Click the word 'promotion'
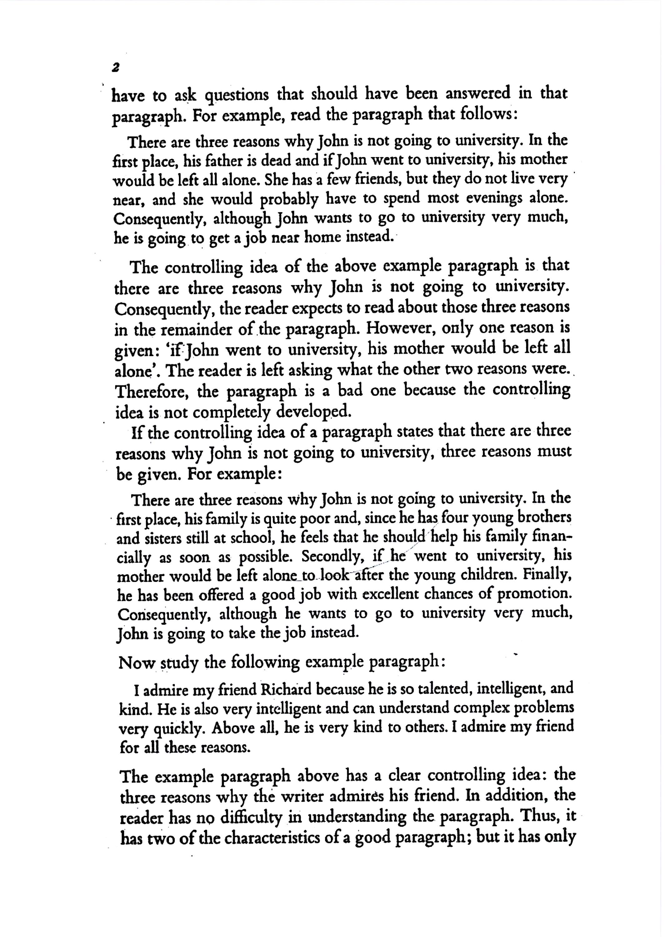[534, 594]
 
